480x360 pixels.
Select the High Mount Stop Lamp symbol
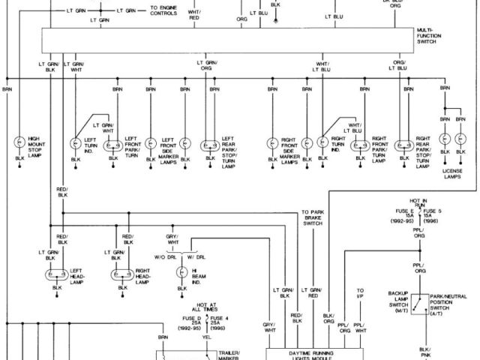click(18, 142)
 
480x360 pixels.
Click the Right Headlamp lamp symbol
click(117, 274)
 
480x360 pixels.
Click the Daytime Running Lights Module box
click(313, 352)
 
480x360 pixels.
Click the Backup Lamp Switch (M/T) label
click(397, 300)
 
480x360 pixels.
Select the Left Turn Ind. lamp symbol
click(76, 142)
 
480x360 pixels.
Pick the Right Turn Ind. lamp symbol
click(323, 142)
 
